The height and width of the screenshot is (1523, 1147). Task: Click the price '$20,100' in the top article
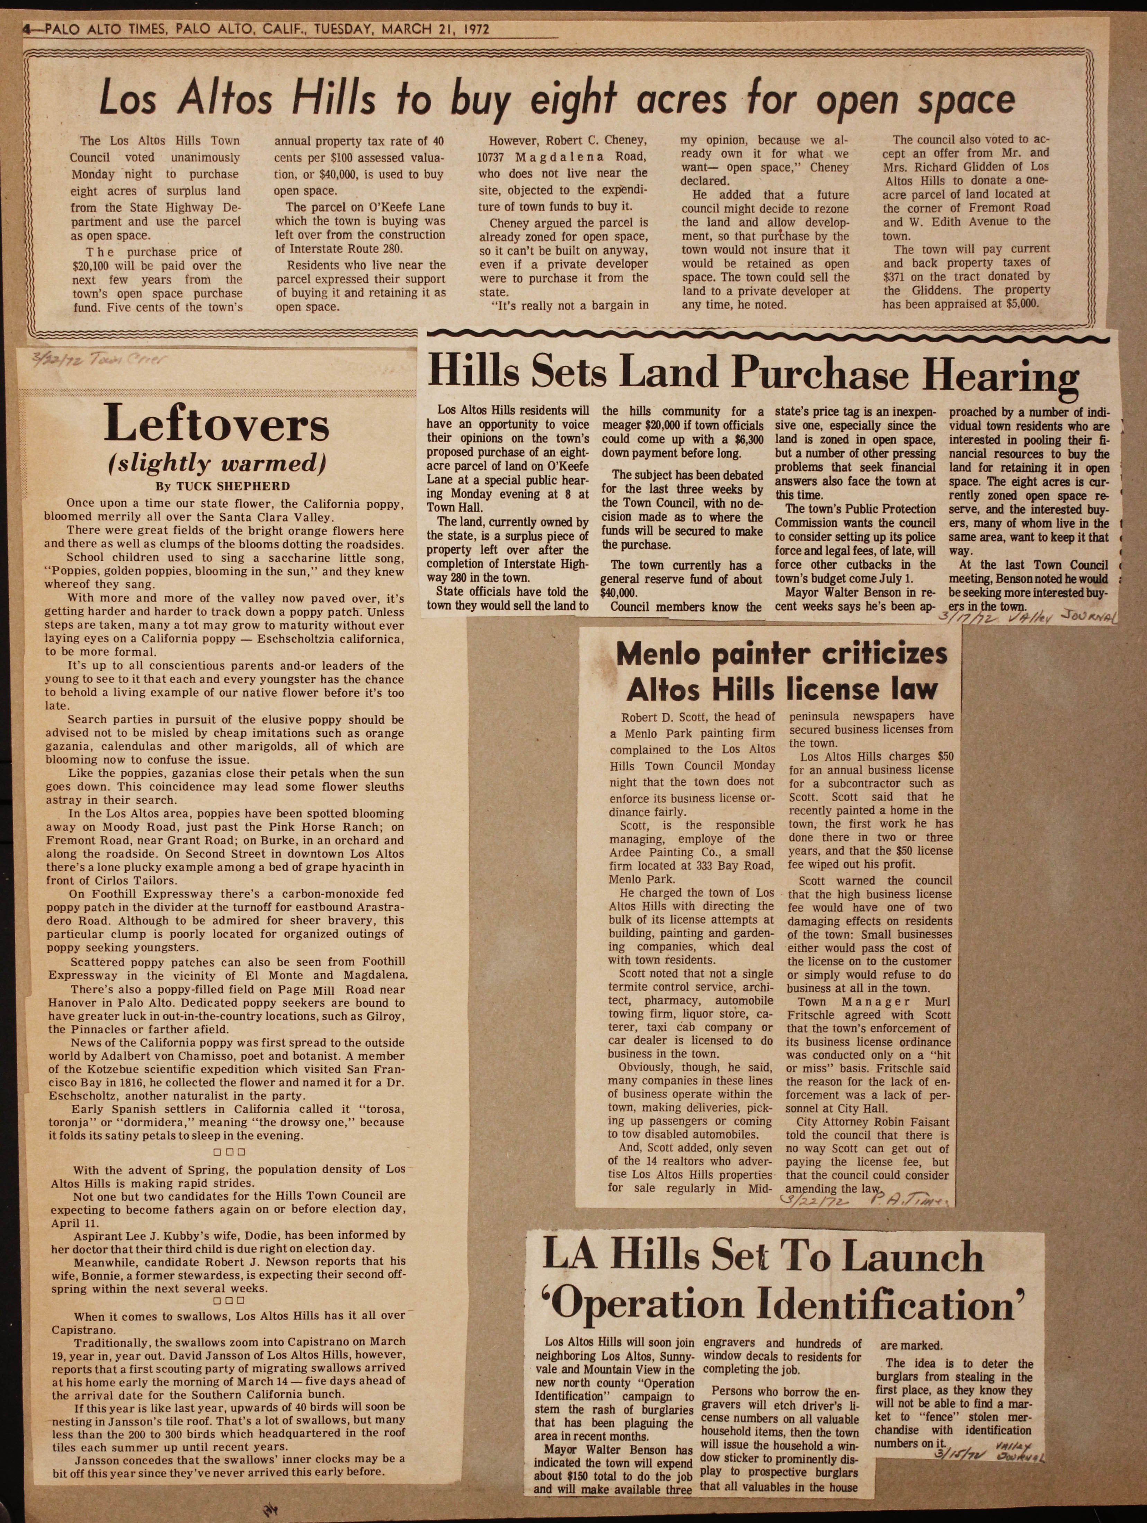click(x=96, y=265)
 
